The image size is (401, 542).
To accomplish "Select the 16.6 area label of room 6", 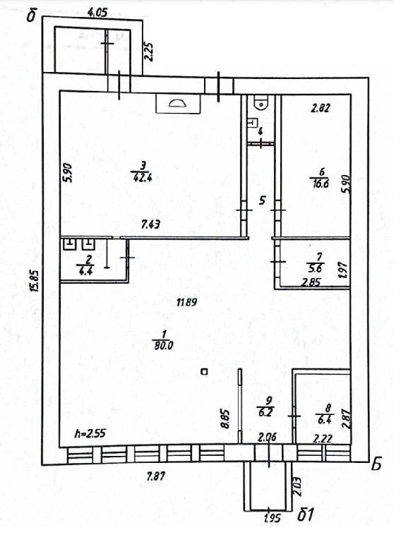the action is click(x=319, y=183).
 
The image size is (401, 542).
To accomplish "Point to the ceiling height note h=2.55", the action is click(x=90, y=433).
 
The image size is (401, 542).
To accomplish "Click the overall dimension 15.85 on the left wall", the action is click(x=35, y=280).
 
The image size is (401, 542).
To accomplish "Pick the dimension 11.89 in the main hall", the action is click(x=186, y=303).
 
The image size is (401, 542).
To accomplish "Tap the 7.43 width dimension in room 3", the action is click(x=151, y=226).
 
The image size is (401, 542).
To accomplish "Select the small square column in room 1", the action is click(x=204, y=372).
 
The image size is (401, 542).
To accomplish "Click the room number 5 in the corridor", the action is click(x=263, y=200).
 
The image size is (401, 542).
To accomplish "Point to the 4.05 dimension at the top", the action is click(x=97, y=13).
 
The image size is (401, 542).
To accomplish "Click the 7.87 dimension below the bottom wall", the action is click(x=156, y=477).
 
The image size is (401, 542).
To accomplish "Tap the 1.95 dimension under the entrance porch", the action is click(x=273, y=519).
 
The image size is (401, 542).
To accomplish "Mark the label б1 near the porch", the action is click(x=305, y=515).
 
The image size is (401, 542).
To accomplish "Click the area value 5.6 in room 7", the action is click(x=315, y=269).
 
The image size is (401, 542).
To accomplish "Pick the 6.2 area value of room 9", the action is click(x=266, y=412).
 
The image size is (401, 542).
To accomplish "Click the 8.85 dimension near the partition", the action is click(x=225, y=419).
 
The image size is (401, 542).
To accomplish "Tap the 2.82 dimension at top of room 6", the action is click(x=321, y=108).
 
